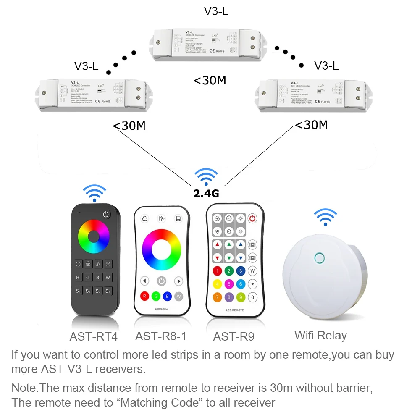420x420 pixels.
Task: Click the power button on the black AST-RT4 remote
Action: point(106,215)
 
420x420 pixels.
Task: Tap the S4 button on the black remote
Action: point(108,291)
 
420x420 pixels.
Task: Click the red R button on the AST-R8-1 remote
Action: point(144,296)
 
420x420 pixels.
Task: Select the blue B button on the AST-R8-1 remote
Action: point(167,296)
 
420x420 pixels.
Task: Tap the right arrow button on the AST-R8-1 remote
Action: point(178,281)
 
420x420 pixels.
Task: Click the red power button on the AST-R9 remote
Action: point(252,218)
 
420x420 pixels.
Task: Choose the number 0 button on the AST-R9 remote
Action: point(252,297)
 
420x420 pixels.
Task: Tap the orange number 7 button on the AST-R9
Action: point(217,297)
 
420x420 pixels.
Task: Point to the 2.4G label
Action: point(207,193)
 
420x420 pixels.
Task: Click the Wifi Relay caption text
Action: point(320,335)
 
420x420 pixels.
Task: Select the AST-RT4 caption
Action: point(93,336)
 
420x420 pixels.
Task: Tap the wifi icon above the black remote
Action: point(94,192)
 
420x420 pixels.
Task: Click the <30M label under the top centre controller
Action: point(210,80)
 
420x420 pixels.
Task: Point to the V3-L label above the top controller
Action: point(216,11)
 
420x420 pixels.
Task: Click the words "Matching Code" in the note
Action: point(158,402)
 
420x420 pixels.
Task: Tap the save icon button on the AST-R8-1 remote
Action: point(178,219)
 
